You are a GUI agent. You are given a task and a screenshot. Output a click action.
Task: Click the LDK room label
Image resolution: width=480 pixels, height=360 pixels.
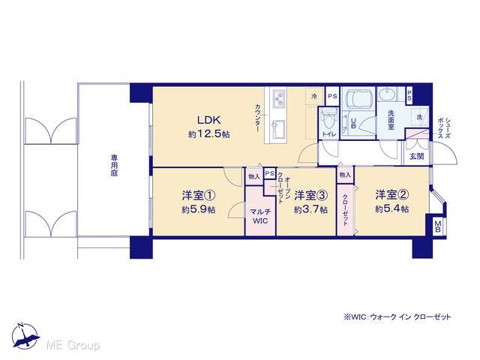(208, 120)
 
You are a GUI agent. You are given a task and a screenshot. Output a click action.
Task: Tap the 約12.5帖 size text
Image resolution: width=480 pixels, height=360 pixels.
(209, 134)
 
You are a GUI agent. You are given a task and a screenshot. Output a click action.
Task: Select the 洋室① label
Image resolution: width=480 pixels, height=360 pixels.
(198, 195)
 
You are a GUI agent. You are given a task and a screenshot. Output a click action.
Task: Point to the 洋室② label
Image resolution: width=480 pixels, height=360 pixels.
(392, 194)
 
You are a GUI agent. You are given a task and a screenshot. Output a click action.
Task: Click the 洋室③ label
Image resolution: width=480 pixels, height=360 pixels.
(310, 195)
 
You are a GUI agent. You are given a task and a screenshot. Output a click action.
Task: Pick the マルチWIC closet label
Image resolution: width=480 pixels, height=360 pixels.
(260, 216)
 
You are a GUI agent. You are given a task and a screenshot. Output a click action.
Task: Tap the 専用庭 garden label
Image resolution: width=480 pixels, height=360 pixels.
(115, 166)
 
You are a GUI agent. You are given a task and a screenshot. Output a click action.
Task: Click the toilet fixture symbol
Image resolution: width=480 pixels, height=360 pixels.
(329, 120)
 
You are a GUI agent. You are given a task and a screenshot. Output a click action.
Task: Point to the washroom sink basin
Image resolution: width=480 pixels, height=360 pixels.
(387, 94)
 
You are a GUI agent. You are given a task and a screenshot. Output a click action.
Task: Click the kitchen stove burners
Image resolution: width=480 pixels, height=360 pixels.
(280, 98)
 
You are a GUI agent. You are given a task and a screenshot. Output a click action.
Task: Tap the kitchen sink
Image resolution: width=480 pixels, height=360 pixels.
(278, 129)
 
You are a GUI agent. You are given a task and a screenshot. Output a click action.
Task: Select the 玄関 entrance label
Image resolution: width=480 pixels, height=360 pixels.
(417, 156)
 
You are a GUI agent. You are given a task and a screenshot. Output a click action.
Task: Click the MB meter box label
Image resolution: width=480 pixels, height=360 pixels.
(437, 226)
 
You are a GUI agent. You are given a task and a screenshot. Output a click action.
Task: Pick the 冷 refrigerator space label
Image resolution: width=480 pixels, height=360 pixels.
(314, 97)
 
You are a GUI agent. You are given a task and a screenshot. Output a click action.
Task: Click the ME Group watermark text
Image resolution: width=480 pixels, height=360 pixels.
(73, 345)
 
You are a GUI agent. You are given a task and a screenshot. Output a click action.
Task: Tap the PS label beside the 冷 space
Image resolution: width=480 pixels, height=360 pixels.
(332, 96)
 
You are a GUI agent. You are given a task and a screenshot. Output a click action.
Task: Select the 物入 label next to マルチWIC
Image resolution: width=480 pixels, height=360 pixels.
(254, 177)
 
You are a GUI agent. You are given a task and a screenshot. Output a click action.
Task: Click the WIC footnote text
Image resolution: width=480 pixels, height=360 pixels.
(397, 316)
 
